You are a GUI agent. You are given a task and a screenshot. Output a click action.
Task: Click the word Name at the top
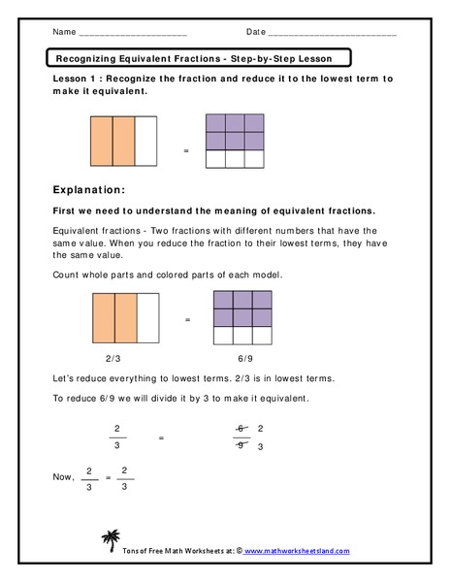tap(64, 32)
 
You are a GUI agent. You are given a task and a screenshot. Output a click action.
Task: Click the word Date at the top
tap(255, 32)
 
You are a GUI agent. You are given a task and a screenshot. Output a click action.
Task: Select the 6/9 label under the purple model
tap(236, 358)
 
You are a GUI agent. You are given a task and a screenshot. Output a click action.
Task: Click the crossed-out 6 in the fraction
tap(241, 428)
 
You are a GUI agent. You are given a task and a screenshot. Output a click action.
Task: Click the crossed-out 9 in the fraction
tap(241, 446)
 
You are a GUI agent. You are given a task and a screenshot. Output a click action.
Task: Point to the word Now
tap(63, 476)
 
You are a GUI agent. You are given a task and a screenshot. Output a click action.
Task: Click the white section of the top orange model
tap(145, 142)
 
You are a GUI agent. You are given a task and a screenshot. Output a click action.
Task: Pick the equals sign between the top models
tap(186, 153)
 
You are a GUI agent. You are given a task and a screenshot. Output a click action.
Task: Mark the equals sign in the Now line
tap(108, 478)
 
